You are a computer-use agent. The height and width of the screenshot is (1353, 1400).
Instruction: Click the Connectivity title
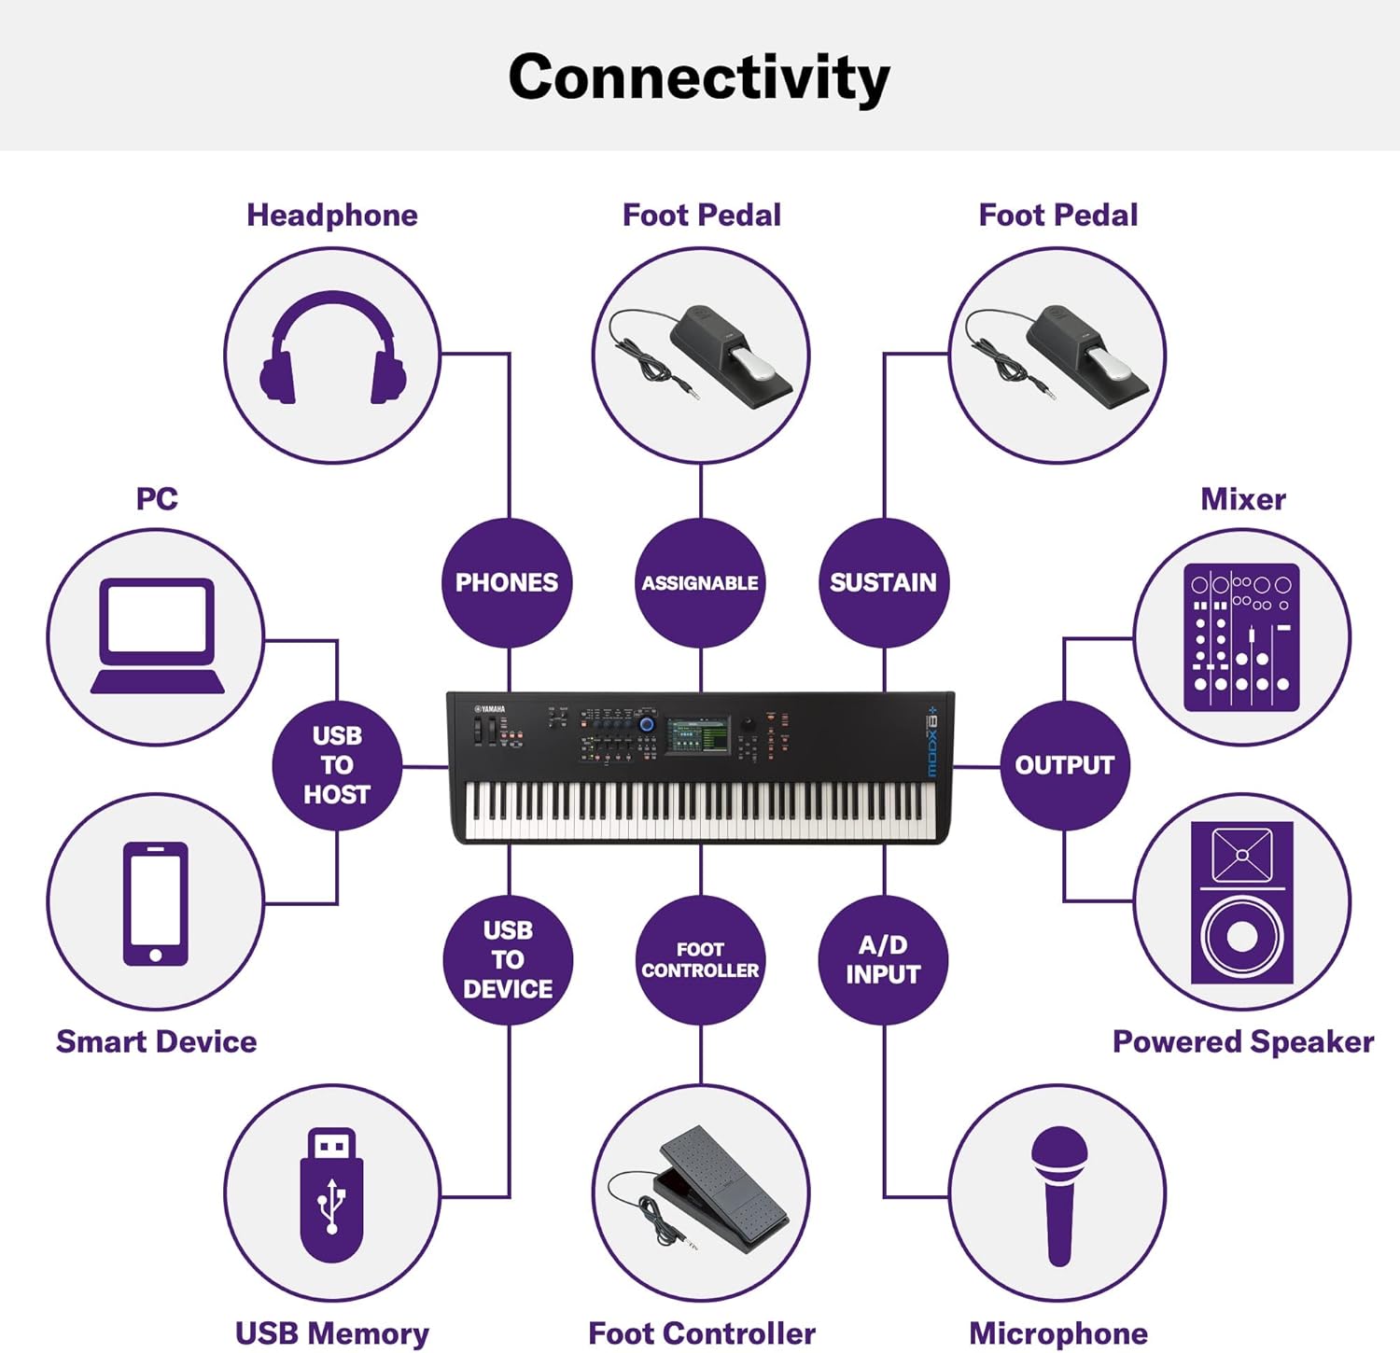coord(699,77)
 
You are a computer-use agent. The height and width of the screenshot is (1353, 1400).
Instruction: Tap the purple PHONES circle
coord(507,583)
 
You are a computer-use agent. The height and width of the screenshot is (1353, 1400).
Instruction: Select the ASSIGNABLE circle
coord(700,583)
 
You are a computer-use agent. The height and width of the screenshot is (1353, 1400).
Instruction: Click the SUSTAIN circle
coord(883,583)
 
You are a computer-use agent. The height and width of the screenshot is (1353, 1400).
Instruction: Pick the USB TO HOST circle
coord(337,765)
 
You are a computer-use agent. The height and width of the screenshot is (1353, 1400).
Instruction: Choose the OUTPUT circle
coord(1064,765)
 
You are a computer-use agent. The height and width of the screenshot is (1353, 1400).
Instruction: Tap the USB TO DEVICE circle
coord(508,960)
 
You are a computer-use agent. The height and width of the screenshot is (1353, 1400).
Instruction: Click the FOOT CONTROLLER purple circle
coord(700,960)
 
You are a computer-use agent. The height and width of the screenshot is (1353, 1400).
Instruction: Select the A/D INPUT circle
coord(883,960)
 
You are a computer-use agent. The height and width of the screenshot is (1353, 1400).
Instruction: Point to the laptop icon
coord(157,635)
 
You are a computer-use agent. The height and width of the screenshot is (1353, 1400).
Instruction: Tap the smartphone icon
coord(156,902)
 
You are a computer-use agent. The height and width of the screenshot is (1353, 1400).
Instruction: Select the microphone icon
coord(1058,1194)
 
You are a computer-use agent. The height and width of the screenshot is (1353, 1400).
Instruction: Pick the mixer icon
coord(1241,637)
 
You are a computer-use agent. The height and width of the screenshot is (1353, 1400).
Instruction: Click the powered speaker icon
coord(1242,902)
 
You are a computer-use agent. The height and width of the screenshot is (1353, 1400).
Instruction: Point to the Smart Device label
coord(156,1041)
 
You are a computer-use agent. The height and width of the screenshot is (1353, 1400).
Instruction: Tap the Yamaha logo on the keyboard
coord(489,710)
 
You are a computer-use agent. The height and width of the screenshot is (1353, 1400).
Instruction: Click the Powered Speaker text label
coord(1242,1041)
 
